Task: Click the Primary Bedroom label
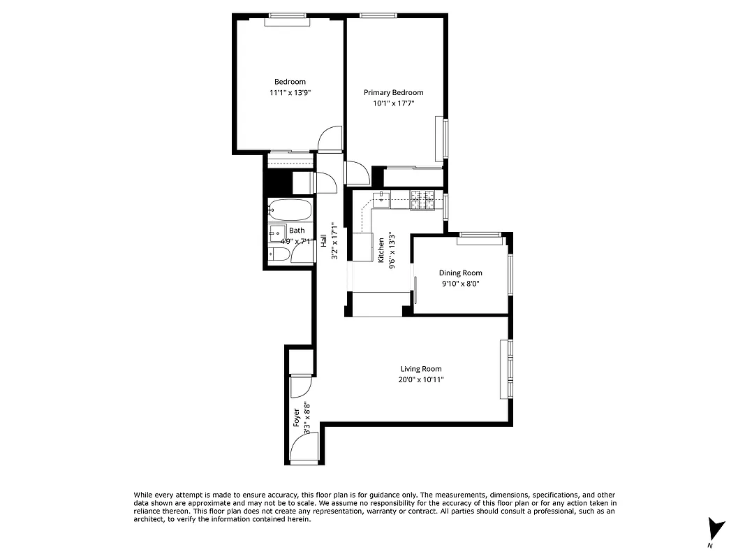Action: (x=393, y=92)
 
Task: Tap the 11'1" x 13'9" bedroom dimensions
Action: (x=289, y=92)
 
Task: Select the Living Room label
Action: (x=420, y=369)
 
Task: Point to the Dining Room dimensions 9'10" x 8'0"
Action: (x=460, y=284)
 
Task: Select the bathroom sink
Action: (x=276, y=233)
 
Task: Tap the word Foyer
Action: (x=297, y=417)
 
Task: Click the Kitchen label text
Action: (x=381, y=249)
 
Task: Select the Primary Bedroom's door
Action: (x=356, y=173)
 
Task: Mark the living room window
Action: (x=510, y=369)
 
